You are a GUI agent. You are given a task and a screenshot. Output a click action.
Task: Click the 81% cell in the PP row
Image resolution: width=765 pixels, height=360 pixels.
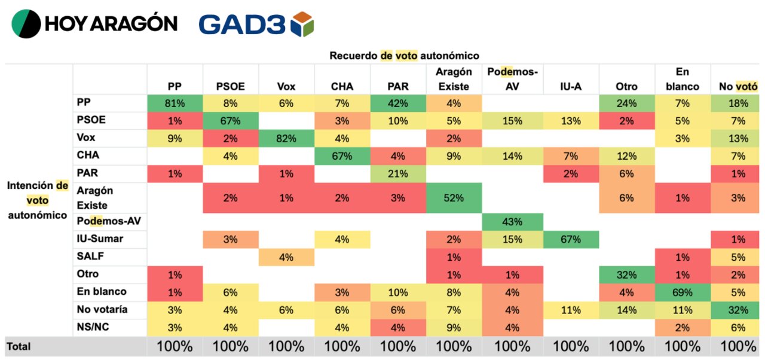175,103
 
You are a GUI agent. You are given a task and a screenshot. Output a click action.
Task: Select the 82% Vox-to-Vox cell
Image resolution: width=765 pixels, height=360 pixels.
286,138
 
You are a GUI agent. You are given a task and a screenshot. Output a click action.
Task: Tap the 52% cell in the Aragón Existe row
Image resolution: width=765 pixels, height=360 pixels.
454,198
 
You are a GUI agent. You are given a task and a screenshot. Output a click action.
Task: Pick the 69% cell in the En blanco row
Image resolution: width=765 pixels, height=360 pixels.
683,292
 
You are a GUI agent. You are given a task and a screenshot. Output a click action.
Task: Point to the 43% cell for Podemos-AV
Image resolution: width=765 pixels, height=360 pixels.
512,222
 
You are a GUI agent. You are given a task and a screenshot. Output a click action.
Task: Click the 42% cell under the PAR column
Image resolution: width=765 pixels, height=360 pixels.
398,103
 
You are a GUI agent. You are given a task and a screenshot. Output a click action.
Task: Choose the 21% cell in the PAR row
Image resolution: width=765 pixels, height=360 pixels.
398,173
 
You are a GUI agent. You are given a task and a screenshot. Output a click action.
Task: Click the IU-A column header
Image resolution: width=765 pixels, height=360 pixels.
571,87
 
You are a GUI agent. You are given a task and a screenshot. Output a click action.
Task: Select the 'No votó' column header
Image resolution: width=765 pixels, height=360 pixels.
738,87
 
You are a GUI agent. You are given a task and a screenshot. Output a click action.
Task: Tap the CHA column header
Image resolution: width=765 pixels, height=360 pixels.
342,87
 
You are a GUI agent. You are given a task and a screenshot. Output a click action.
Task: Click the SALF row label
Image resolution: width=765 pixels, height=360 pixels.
90,256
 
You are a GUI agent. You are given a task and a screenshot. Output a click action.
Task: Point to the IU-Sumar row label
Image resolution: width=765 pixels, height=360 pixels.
100,239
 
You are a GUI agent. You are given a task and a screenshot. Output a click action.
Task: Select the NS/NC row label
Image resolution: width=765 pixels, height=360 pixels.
93,327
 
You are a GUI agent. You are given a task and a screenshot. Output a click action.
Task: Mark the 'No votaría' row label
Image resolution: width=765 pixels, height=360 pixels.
102,309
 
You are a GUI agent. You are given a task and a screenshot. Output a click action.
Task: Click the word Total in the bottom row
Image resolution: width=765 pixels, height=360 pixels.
19,346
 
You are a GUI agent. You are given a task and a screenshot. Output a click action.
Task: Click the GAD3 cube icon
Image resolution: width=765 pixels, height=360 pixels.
302,24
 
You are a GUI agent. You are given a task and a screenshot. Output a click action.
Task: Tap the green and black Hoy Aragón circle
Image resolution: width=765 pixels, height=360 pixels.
26,23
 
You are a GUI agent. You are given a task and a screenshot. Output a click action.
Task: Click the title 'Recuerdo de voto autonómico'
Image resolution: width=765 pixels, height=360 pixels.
405,56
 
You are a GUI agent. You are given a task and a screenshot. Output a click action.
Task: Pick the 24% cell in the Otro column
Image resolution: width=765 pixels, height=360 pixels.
627,103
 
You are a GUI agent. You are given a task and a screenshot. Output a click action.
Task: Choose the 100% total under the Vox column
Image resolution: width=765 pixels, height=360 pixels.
286,346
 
